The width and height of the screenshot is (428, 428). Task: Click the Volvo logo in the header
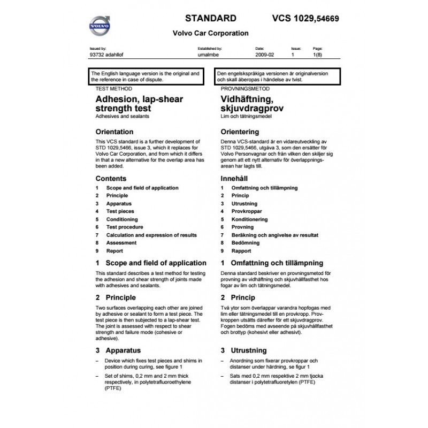point(99,25)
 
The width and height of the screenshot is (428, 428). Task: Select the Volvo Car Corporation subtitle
point(210,33)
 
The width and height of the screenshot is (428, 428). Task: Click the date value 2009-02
point(265,55)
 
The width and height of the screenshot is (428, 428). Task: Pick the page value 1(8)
point(317,55)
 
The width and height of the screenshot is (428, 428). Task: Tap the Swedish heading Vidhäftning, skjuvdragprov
point(251,104)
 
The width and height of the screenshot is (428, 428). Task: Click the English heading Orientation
point(114,131)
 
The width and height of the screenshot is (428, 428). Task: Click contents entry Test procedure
point(125,227)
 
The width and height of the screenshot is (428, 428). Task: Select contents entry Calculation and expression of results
point(151,235)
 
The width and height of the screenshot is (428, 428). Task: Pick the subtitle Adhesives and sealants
point(122,116)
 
